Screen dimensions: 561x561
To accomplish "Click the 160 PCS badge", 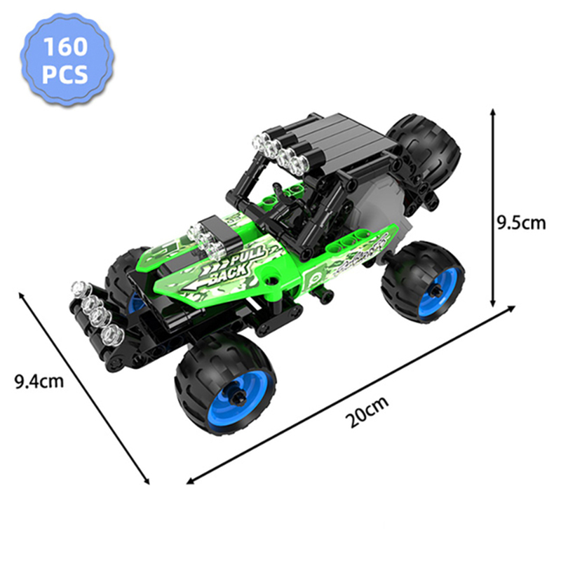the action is (x=67, y=60).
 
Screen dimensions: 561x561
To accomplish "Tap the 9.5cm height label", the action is (x=521, y=223).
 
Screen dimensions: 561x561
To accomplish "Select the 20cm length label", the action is (x=367, y=412).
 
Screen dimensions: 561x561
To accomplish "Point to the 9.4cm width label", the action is (x=39, y=381).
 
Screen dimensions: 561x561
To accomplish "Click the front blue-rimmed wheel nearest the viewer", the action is (x=225, y=384).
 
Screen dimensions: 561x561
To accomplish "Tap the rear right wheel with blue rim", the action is (x=423, y=283).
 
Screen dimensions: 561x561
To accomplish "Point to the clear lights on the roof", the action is (x=280, y=154).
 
